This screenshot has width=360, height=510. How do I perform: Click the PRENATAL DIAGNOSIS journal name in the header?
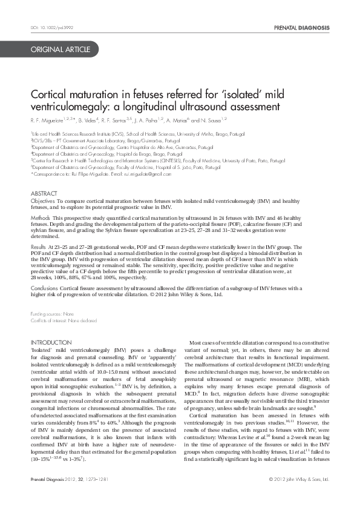[301, 28]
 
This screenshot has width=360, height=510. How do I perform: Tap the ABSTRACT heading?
[44, 193]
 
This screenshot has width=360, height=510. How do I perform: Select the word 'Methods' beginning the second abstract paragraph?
[41, 217]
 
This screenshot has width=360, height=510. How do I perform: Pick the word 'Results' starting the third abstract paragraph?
[38, 247]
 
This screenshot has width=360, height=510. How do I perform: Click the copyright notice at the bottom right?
[298, 496]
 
